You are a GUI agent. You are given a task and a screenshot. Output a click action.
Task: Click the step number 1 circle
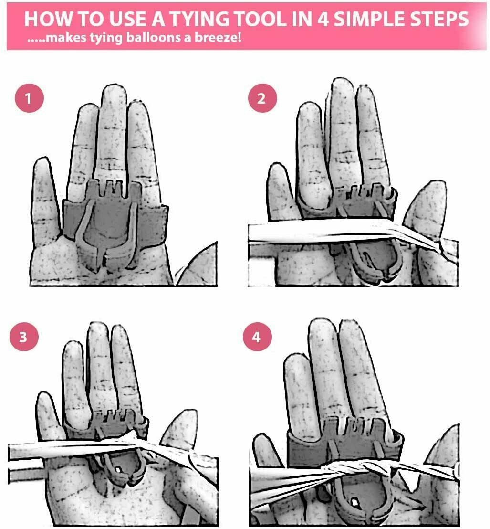[x=29, y=98]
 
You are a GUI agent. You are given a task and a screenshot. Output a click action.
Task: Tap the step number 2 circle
[x=262, y=98]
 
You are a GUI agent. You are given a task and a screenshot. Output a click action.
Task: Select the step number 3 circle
[x=24, y=337]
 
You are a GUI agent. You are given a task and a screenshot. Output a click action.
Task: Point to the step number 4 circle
[x=257, y=337]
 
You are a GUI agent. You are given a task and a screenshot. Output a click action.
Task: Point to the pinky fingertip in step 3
[x=43, y=398]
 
